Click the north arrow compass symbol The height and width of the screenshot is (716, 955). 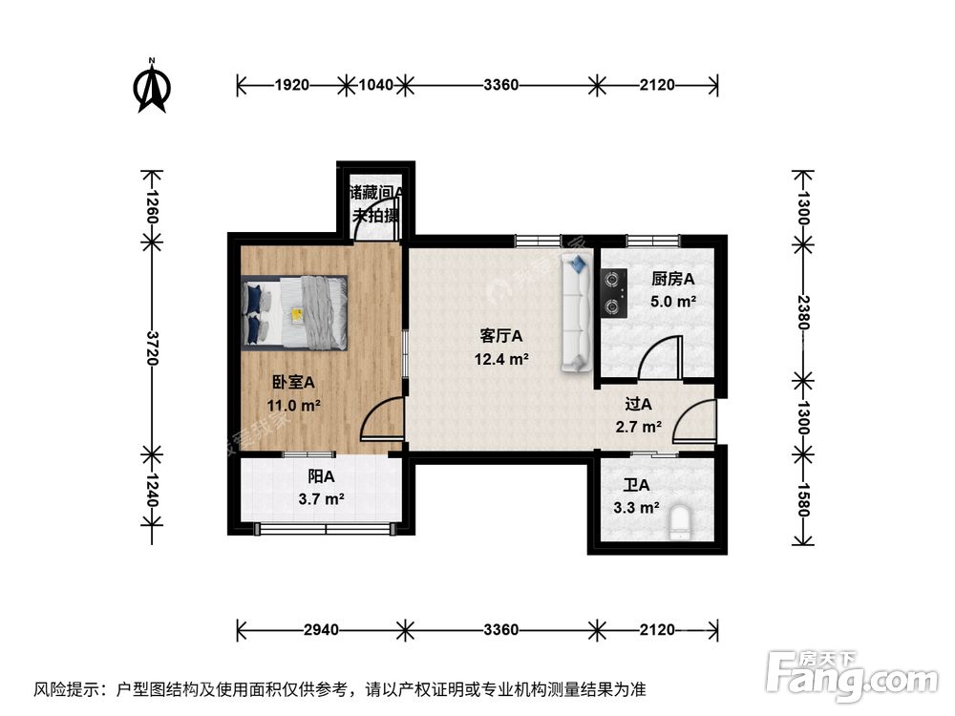[152, 87]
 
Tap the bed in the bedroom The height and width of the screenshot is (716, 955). [295, 311]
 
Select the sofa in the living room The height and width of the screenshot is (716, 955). [578, 312]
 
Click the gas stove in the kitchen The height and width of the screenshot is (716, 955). [612, 293]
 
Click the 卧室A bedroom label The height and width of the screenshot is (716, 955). [293, 382]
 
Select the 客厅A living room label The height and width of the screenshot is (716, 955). [501, 336]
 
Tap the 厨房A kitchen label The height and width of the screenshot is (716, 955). [672, 279]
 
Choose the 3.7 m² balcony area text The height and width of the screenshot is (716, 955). [321, 498]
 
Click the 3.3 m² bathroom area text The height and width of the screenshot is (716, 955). [636, 508]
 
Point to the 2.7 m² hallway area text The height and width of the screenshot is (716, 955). [639, 427]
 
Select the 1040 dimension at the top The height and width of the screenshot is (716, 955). [376, 85]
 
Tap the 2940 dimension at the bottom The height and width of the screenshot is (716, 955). [321, 630]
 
